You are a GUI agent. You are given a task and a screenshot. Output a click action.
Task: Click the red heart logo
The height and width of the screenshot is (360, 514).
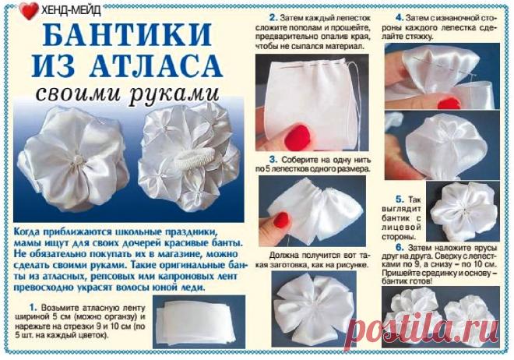point(29,11)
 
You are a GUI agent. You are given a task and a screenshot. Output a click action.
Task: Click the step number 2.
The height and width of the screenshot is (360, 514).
point(273,16)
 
